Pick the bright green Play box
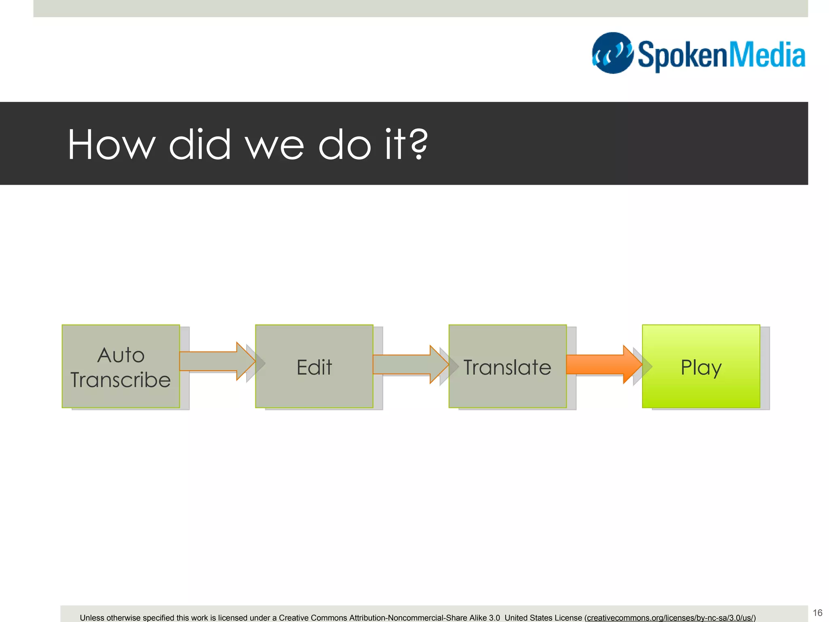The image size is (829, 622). [x=701, y=366]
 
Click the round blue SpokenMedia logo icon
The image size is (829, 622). [x=612, y=53]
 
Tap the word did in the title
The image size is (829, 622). [x=200, y=145]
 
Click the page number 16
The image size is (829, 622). [x=817, y=613]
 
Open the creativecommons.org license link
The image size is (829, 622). [x=670, y=618]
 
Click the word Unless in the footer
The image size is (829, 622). [x=92, y=618]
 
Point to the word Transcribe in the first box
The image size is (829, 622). [x=121, y=380]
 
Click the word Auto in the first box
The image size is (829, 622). [x=121, y=355]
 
